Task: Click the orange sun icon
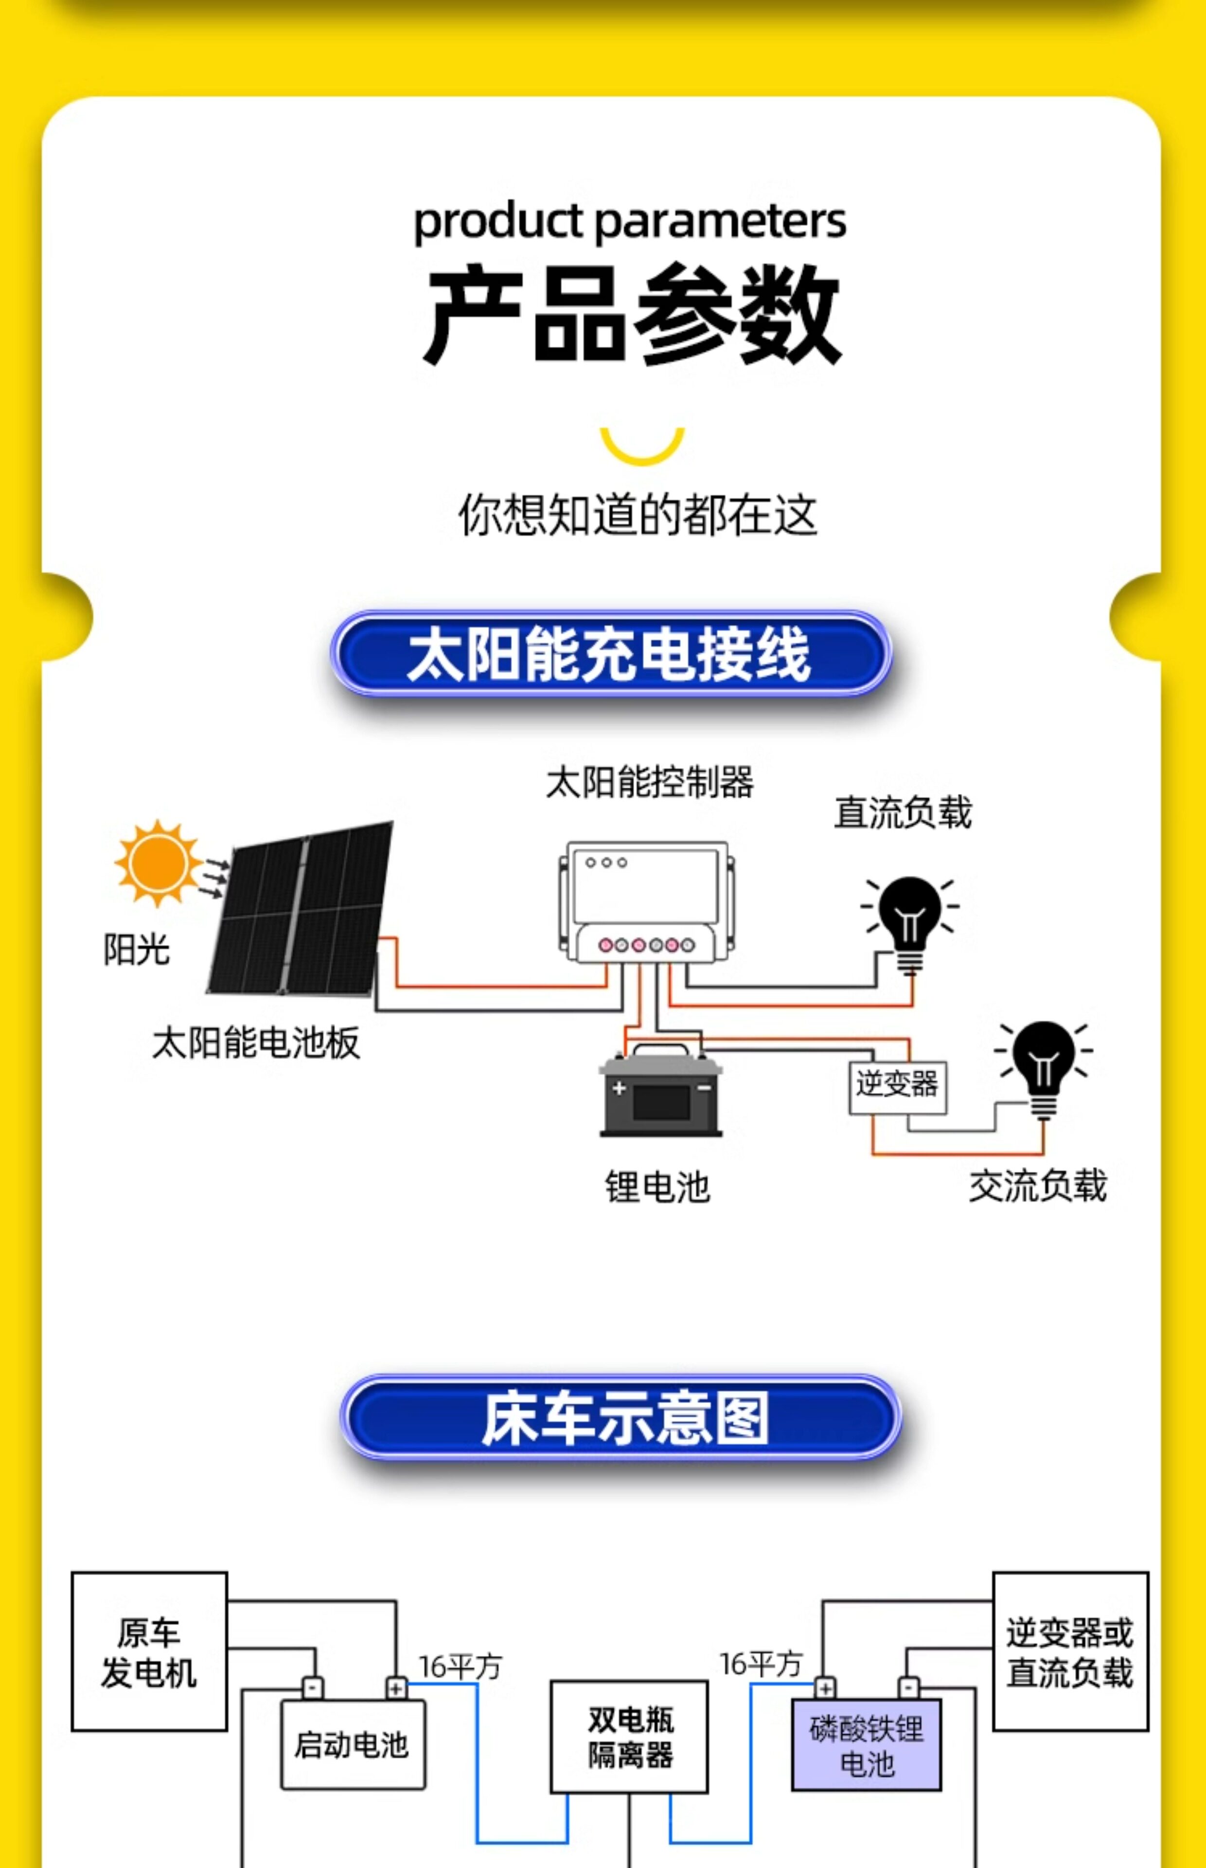tap(158, 862)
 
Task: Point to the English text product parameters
tap(630, 222)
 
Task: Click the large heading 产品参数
tap(631, 315)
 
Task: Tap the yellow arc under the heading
tap(642, 447)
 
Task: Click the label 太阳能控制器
tap(649, 782)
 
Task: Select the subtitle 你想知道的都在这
tap(638, 515)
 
